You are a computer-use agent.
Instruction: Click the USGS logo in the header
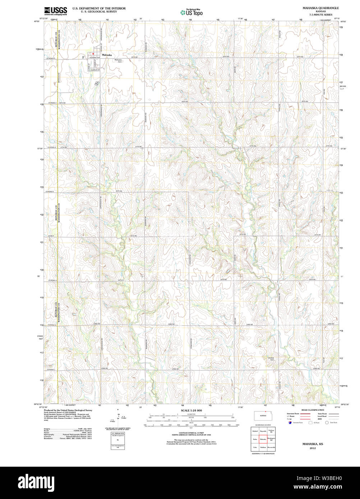coord(56,11)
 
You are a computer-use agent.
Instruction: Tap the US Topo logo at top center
coord(191,12)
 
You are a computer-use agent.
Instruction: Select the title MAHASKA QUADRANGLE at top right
coord(321,8)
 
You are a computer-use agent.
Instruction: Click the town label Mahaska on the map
coord(107,55)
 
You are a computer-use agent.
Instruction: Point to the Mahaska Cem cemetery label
coord(118,61)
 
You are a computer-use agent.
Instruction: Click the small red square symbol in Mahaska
coord(93,54)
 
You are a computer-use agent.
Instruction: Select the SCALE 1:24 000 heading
coord(191,410)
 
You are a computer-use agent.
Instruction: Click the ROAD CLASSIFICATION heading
coord(312,410)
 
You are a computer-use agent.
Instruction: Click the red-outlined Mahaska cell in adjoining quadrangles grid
coord(263,439)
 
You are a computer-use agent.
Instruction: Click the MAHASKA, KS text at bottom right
coord(312,444)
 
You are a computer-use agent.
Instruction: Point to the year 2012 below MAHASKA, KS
coord(312,448)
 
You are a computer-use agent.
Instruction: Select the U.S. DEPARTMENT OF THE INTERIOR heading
coord(99,8)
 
